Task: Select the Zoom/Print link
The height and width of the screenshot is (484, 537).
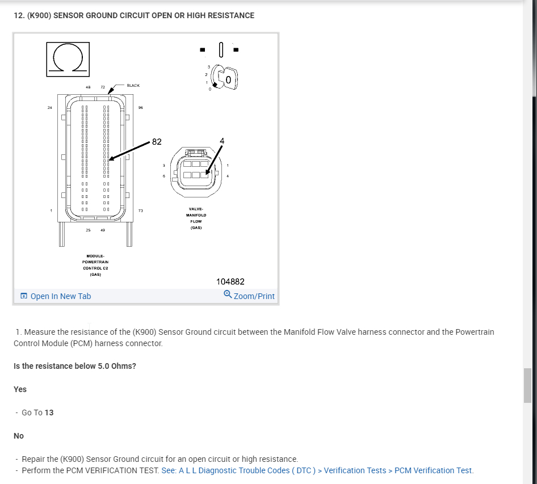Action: pyautogui.click(x=250, y=296)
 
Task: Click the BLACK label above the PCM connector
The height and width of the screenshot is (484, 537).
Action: pyautogui.click(x=133, y=86)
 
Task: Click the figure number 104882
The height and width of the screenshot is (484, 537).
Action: pyautogui.click(x=230, y=281)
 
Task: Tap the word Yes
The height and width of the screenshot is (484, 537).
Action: pyautogui.click(x=20, y=389)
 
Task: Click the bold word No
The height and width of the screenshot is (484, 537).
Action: pyautogui.click(x=19, y=436)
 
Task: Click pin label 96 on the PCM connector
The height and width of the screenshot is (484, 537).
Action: pyautogui.click(x=140, y=107)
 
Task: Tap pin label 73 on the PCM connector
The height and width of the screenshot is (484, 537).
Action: pyautogui.click(x=140, y=211)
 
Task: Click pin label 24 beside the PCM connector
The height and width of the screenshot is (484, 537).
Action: pyautogui.click(x=51, y=107)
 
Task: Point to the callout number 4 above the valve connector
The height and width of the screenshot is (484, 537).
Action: pyautogui.click(x=222, y=141)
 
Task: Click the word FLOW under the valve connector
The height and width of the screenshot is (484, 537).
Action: pyautogui.click(x=196, y=221)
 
